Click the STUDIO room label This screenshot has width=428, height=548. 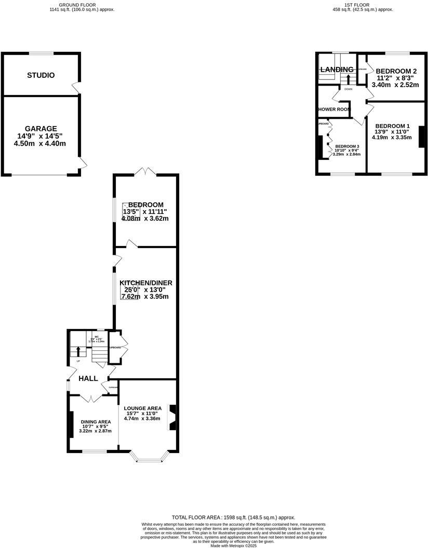[x=41, y=75]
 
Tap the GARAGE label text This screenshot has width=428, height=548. [x=41, y=129]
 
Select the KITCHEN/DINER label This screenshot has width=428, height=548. [x=146, y=283]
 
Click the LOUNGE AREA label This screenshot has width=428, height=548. [x=142, y=408]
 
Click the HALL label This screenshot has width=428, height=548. [x=88, y=379]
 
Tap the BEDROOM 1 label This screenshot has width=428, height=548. [x=393, y=126]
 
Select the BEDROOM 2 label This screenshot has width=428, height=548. [x=396, y=71]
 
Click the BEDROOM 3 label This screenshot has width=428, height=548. [x=346, y=146]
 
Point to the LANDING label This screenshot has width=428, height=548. [x=337, y=70]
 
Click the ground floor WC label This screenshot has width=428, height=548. [x=97, y=336]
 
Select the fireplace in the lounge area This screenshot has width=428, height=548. [x=173, y=418]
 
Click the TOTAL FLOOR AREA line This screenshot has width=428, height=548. [x=233, y=517]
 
